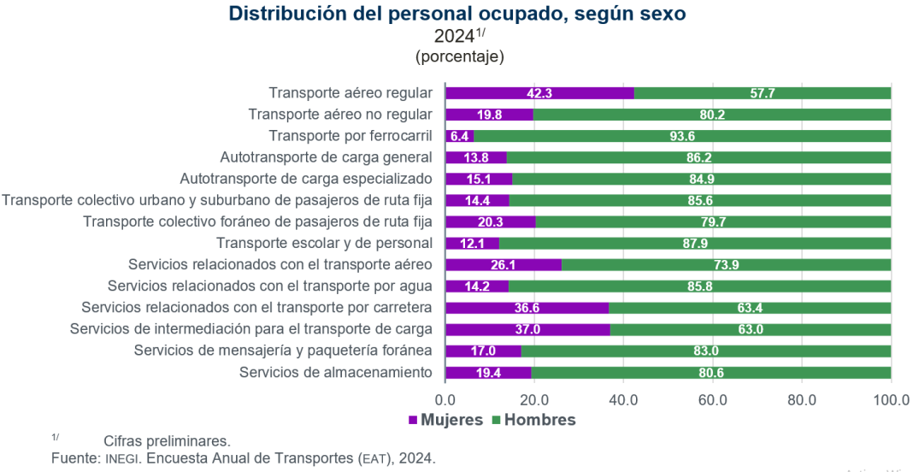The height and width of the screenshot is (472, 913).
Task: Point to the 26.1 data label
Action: coord(503,265)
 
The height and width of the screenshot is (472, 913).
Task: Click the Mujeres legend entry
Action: coord(445,420)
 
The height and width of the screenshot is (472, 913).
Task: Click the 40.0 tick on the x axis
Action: coord(623,399)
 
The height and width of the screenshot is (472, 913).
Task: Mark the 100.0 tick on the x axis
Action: coord(891,399)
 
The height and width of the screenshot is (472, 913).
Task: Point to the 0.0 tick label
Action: coord(445,399)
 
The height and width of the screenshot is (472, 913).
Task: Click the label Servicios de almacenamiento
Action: coord(336,372)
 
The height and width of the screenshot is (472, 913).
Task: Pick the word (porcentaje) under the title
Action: coord(460,57)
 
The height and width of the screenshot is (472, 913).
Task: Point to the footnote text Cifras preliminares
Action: coord(167,441)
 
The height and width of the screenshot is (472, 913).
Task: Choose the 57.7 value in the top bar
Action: coord(763,93)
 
